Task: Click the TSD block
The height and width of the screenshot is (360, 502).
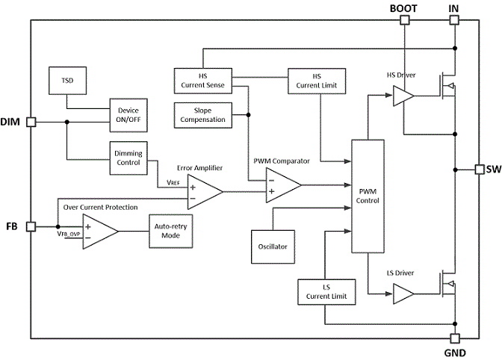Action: coord(67,81)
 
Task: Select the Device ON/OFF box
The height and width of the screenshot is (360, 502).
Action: coord(128,115)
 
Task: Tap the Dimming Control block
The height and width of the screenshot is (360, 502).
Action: coord(128,158)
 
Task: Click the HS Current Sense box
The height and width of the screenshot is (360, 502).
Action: coord(203,81)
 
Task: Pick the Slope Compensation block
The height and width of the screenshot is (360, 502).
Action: coord(203,115)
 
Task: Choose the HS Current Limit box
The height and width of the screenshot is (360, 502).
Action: coord(317,81)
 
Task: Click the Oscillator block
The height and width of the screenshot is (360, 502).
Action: coord(273,246)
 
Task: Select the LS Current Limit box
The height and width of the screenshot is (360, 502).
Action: coord(326,292)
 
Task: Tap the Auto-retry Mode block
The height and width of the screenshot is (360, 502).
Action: coord(171,231)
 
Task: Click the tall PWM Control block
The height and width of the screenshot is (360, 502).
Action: coord(368,196)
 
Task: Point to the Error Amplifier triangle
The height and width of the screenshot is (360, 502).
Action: coord(205,192)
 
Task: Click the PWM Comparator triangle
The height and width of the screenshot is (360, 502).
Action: coord(283,185)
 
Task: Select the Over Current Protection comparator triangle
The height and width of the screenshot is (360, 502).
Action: coord(100,232)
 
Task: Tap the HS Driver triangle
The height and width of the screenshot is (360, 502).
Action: coord(403,96)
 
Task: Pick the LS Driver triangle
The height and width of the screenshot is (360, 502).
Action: coord(403,294)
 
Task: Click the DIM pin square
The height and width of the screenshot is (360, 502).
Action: coord(31,122)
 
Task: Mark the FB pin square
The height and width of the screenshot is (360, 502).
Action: coord(31,227)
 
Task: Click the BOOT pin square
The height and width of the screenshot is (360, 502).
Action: coord(405,20)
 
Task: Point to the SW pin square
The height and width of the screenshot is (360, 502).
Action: coord(480,170)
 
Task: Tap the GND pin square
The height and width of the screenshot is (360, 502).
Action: coord(455,338)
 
